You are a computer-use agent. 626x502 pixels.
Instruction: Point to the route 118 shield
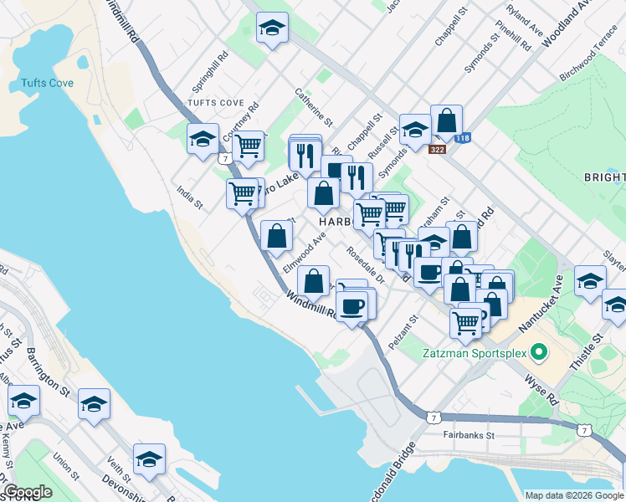(462, 138)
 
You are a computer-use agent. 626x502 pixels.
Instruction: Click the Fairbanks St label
(469, 435)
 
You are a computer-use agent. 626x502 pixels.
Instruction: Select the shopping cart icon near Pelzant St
(466, 321)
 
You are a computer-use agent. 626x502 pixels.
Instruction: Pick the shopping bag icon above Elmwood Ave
(276, 236)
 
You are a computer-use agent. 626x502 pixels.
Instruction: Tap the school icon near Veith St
(149, 459)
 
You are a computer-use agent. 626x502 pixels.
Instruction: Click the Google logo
(28, 492)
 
